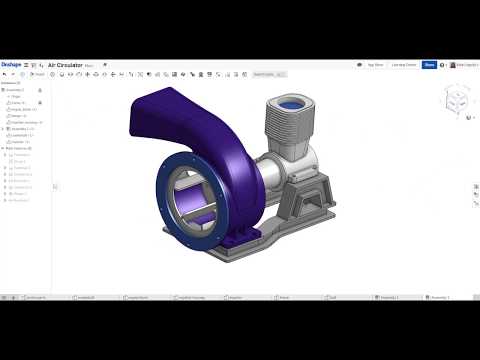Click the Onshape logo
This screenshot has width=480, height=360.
point(11,65)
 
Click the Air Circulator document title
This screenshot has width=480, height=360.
point(65,65)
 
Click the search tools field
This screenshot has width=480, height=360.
point(268,74)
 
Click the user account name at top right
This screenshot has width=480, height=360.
point(465,65)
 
